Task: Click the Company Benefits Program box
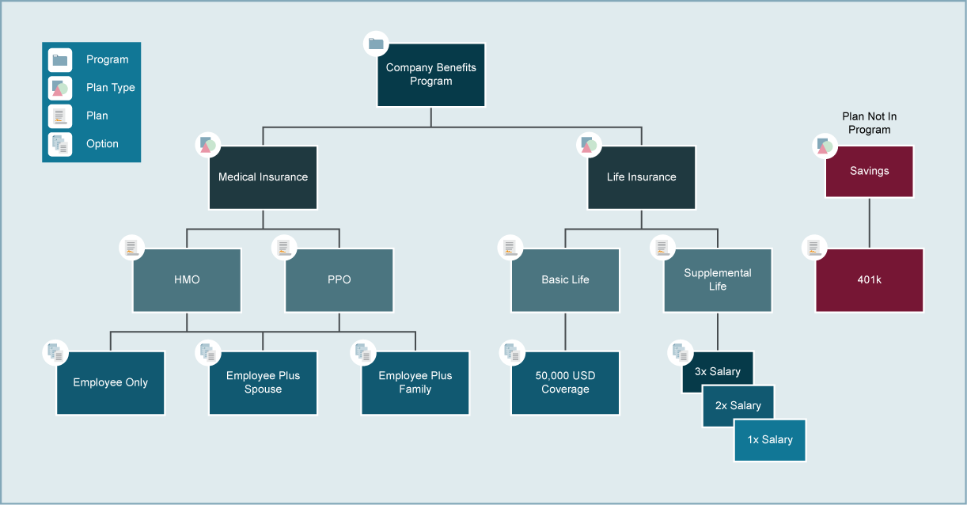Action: (x=431, y=74)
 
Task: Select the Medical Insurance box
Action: (x=263, y=177)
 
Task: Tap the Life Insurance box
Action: (x=641, y=177)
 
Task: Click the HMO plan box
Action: (x=187, y=280)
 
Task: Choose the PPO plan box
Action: (x=339, y=280)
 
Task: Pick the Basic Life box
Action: (x=565, y=280)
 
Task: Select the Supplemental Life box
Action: (x=717, y=280)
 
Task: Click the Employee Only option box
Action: (x=111, y=383)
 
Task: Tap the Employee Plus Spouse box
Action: (x=263, y=383)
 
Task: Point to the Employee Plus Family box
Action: (x=415, y=383)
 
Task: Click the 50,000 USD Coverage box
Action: (x=565, y=383)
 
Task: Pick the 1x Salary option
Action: (x=770, y=440)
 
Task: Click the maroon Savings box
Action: (x=869, y=171)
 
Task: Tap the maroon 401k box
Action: (x=869, y=280)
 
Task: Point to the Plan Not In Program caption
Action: (x=869, y=123)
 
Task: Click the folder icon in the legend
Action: (x=60, y=60)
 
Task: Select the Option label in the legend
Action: (x=102, y=144)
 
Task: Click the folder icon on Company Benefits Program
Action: (x=376, y=44)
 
